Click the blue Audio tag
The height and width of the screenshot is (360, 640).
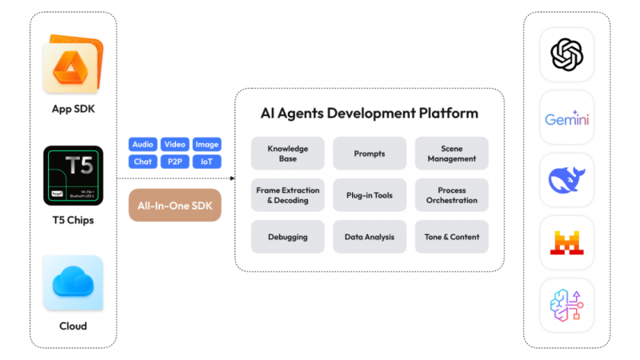tap(142, 145)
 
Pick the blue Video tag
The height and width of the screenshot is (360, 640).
tap(174, 145)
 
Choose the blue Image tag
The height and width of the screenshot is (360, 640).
tap(206, 145)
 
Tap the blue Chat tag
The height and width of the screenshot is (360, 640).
tap(142, 162)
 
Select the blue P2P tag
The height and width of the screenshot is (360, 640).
tap(174, 162)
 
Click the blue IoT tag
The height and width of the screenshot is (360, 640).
tap(206, 162)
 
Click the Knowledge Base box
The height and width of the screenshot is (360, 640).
tap(287, 153)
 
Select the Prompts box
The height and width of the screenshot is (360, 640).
tap(370, 153)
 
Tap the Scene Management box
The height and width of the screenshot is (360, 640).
tap(451, 153)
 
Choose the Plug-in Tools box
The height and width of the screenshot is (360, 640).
tap(370, 195)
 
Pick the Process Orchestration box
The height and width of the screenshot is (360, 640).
tap(451, 195)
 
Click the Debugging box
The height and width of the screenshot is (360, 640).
tap(287, 237)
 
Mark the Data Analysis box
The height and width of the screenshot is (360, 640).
tap(370, 237)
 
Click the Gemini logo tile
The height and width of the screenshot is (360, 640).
tap(567, 118)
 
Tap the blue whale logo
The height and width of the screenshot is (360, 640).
tap(567, 180)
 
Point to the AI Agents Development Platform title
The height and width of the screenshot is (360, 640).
tap(369, 113)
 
